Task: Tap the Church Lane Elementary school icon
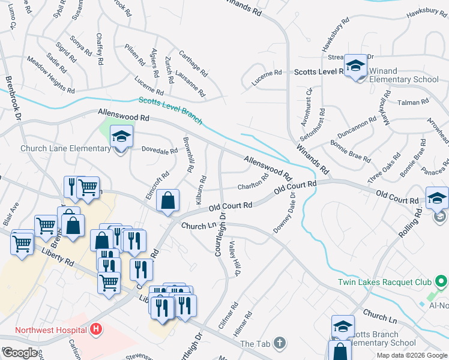click(121, 137)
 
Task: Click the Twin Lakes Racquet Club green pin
click(441, 281)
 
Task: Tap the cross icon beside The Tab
click(279, 343)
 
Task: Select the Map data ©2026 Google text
click(412, 355)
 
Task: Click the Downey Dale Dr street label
click(285, 213)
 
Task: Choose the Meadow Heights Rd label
click(50, 75)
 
